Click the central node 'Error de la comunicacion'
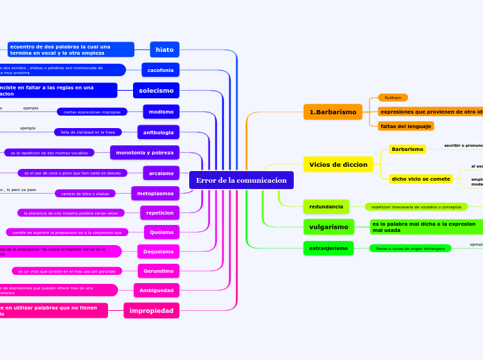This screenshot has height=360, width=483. [241, 180]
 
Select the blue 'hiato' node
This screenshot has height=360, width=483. [165, 50]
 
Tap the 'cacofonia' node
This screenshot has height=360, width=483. [160, 70]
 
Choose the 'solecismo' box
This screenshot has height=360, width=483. [156, 91]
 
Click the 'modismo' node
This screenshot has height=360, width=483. [161, 111]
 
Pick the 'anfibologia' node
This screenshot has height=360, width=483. [158, 132]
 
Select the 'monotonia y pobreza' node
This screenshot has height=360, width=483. [145, 152]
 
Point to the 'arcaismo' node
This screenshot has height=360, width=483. [161, 172]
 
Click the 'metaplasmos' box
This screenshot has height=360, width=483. [155, 193]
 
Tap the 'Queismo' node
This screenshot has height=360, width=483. [161, 232]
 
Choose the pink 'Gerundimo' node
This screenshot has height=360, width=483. [159, 271]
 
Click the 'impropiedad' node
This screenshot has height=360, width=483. [151, 311]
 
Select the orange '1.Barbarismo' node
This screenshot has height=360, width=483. [333, 111]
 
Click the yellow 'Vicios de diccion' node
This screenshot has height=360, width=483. [338, 164]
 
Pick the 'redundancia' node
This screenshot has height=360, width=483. [326, 206]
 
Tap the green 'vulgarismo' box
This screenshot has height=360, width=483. [328, 227]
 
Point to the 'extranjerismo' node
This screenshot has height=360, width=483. [328, 248]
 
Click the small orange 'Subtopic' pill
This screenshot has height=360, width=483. [393, 98]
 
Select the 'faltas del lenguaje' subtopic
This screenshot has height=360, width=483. [406, 126]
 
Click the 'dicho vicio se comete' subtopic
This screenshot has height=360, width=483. [421, 179]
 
